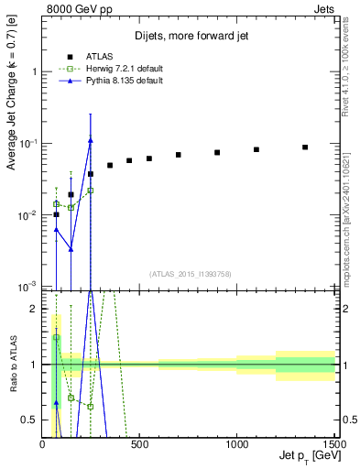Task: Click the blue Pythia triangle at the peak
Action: coord(91,140)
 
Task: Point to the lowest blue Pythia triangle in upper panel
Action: coord(71,248)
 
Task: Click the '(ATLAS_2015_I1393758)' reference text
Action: coord(190,273)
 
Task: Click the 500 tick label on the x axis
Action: coord(139,444)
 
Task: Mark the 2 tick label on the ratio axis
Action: coord(33,310)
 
